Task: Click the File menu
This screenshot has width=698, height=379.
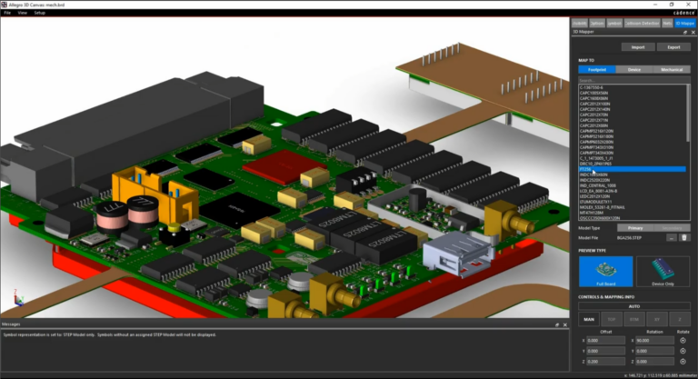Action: pos(7,13)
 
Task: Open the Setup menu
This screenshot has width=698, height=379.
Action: pos(39,13)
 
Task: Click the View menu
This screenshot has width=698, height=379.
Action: pos(22,13)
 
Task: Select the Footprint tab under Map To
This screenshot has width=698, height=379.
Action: pos(596,69)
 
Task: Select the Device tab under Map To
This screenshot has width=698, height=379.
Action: pos(633,69)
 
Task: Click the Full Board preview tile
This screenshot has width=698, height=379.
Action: pos(605,272)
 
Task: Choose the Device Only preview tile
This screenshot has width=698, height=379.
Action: pos(663,272)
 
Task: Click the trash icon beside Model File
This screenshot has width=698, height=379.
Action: pos(683,237)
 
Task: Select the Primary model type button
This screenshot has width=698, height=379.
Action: pos(635,227)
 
